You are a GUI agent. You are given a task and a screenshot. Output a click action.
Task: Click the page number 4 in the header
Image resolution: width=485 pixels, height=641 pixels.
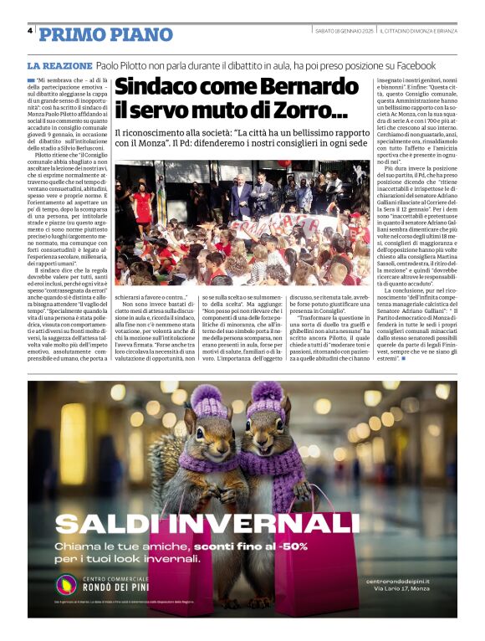tap(30, 32)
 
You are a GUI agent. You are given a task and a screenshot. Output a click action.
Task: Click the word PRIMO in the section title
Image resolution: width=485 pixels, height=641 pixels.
tap(69, 34)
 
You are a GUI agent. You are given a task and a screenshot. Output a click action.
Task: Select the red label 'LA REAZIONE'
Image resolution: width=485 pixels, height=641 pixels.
tap(59, 65)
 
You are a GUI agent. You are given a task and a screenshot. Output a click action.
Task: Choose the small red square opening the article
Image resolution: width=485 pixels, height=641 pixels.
tap(31, 79)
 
